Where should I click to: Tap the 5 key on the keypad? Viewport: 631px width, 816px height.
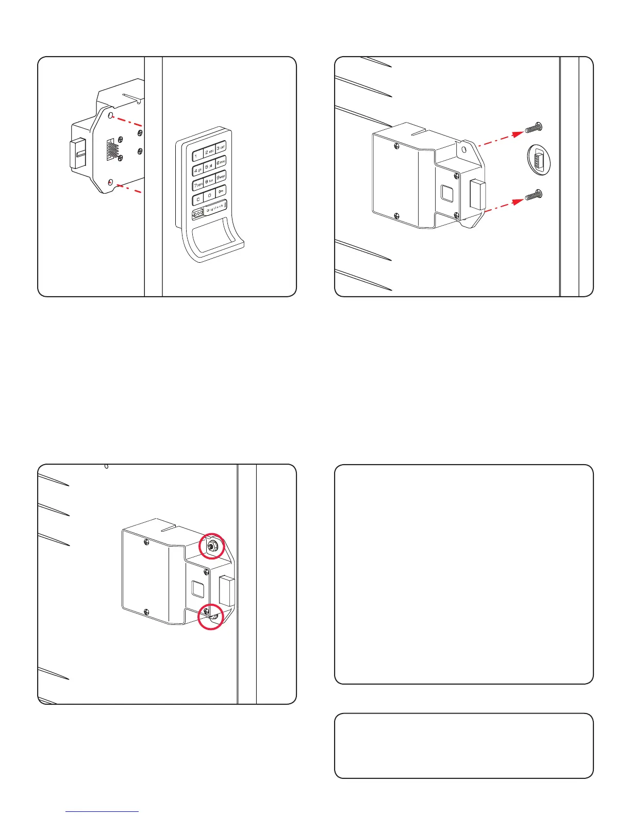pyautogui.click(x=209, y=167)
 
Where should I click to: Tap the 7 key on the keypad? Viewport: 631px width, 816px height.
pyautogui.click(x=198, y=184)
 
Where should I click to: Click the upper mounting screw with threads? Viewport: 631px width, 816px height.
pyautogui.click(x=533, y=127)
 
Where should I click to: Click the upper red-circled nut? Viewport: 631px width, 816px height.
pyautogui.click(x=212, y=545)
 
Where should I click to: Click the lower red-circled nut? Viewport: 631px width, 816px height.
pyautogui.click(x=211, y=616)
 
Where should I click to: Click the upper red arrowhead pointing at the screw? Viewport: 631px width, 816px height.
pyautogui.click(x=519, y=133)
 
